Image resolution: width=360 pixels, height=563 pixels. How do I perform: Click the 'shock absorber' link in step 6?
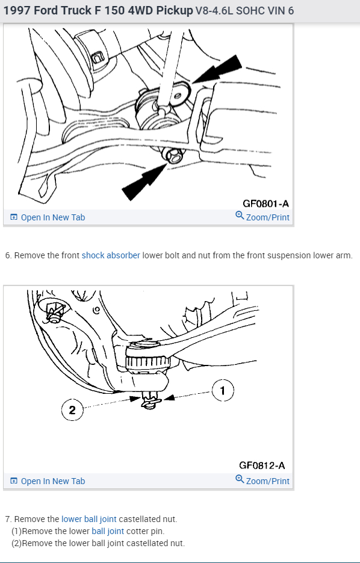(111, 255)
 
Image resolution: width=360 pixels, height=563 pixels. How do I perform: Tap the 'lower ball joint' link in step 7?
(89, 519)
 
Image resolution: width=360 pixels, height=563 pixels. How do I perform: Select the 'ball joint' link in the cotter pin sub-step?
(108, 531)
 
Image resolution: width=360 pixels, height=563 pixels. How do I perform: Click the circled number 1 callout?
(223, 391)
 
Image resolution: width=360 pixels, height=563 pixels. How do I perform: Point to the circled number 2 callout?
(72, 410)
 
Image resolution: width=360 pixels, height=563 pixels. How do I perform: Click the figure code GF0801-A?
(265, 204)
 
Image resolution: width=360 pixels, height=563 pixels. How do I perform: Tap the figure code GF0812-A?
(262, 465)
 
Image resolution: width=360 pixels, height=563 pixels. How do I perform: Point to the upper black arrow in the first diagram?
(217, 69)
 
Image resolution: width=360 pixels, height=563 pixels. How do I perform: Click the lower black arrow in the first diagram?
(144, 181)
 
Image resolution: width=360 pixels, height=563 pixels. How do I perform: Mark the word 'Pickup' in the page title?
(175, 11)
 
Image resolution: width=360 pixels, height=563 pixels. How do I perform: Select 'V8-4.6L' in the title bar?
(214, 11)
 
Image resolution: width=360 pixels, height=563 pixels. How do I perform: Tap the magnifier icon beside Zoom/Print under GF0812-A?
(240, 479)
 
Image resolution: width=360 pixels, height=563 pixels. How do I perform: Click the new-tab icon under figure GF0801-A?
(14, 217)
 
